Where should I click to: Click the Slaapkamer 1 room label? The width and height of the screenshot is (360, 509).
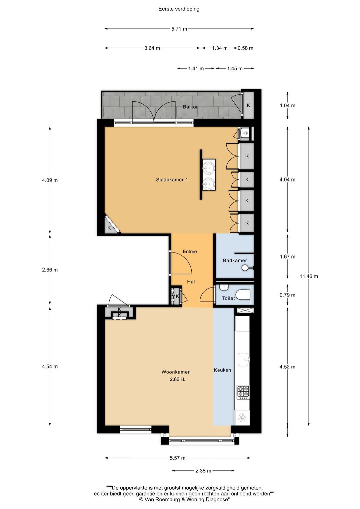coord(172,180)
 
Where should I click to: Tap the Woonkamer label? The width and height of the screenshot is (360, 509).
coord(176,372)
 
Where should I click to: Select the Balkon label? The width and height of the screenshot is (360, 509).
coord(191,107)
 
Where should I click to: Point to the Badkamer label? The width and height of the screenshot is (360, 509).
coord(235,260)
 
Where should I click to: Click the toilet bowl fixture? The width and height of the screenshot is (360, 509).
coord(243,295)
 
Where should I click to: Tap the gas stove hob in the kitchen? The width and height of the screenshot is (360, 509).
coord(243,392)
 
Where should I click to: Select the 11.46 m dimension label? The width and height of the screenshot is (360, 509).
coord(309,276)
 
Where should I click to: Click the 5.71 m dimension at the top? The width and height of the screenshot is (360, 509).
coord(179,29)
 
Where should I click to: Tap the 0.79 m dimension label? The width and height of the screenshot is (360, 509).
coord(287,295)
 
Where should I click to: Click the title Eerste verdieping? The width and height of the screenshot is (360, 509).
coord(179,9)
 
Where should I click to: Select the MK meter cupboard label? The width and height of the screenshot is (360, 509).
coord(175,296)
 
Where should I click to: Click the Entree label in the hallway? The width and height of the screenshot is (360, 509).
coord(190,252)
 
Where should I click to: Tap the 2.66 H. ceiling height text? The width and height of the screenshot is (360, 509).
coord(178,379)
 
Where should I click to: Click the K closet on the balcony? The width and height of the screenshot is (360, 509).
coord(249,106)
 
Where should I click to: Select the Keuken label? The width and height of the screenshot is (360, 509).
coord(222,370)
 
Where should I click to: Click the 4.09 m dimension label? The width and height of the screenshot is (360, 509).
coord(50,180)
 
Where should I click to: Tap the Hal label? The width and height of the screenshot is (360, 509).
coord(191,282)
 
